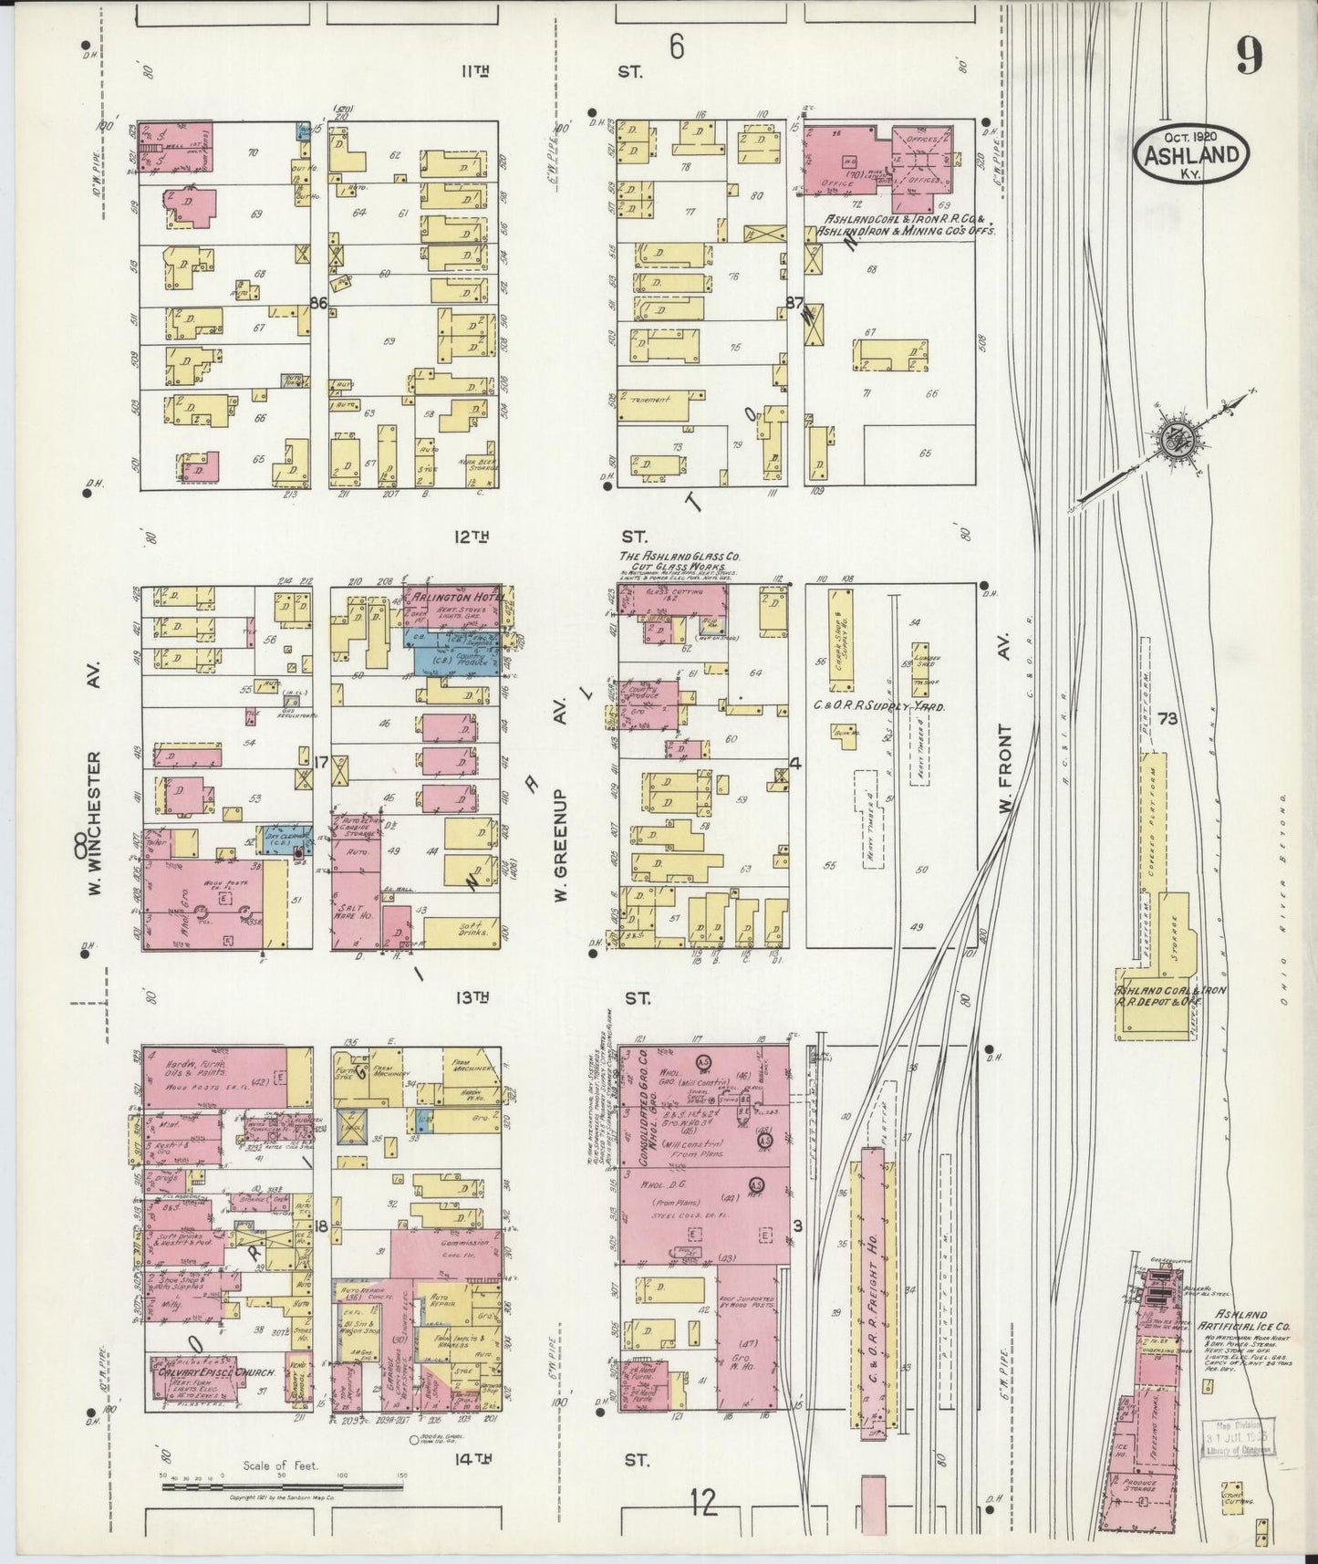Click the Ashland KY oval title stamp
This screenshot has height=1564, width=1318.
[x=1190, y=153]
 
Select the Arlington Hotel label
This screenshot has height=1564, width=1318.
[x=446, y=596]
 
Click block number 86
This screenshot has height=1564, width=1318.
[x=318, y=304]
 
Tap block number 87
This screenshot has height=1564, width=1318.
[x=793, y=304]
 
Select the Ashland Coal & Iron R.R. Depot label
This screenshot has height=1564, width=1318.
[x=1170, y=996]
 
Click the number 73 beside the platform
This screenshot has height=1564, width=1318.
[x=1168, y=719]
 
